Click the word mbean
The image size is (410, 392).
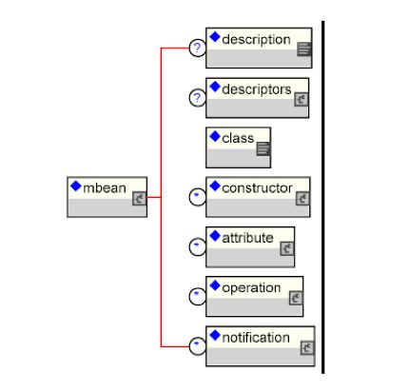pos(105,188)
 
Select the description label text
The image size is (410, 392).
pos(256,40)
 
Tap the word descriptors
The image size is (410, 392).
pos(257,89)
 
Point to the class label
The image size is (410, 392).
pos(238,138)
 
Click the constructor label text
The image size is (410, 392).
pos(257,188)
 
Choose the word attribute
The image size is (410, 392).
pos(247,238)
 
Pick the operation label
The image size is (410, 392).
pos(251,288)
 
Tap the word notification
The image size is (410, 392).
pos(256,338)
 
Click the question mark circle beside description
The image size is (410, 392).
pos(197,49)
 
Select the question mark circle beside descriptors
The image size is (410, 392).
pos(197,98)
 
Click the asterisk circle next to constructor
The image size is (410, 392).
pos(197,197)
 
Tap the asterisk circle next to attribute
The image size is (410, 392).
pos(197,246)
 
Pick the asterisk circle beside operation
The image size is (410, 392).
pos(197,297)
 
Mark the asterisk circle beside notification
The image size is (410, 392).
pos(197,346)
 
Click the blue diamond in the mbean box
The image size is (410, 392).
pos(76,186)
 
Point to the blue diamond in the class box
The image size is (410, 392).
pos(215,137)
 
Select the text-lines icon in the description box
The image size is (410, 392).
pos(304,49)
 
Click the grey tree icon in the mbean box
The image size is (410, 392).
pos(139,199)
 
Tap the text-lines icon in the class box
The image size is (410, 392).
pos(264,148)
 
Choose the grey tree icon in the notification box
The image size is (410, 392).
pos(307,348)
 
